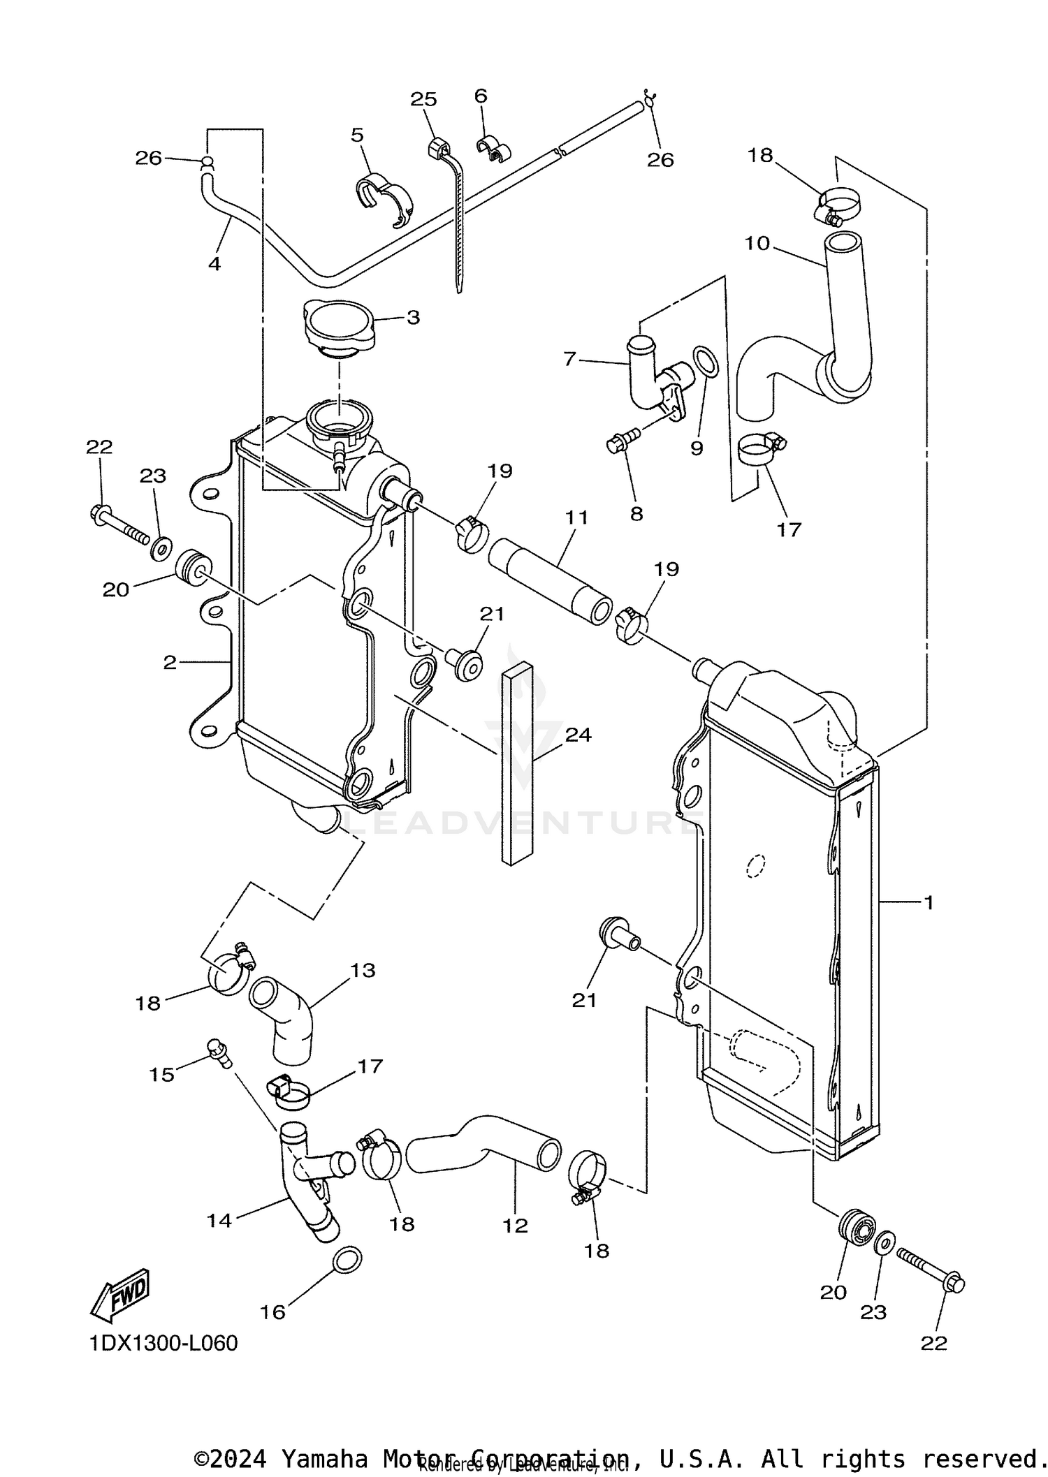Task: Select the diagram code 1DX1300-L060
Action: pyautogui.click(x=163, y=1343)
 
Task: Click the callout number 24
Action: pyautogui.click(x=578, y=735)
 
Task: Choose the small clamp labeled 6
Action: pyautogui.click(x=494, y=149)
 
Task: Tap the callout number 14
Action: pyautogui.click(x=219, y=1220)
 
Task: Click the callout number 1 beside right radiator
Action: pyautogui.click(x=928, y=903)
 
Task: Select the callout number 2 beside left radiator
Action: pyautogui.click(x=170, y=662)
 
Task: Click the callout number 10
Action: pyautogui.click(x=757, y=243)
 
